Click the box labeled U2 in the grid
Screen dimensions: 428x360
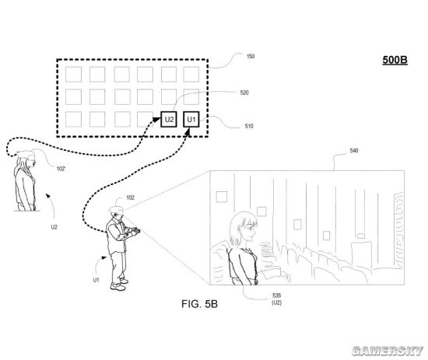tap(169, 119)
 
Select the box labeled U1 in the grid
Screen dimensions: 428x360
tap(191, 119)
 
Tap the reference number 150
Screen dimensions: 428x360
tap(251, 57)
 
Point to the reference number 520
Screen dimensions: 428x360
tap(244, 93)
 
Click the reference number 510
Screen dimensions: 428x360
tap(249, 126)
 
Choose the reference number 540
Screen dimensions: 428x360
tap(354, 151)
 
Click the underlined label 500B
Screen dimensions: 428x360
tap(395, 60)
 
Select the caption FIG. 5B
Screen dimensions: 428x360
tap(199, 304)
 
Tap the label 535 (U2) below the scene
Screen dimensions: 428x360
tap(276, 299)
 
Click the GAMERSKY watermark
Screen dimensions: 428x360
tap(388, 351)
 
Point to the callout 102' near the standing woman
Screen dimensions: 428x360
tap(61, 169)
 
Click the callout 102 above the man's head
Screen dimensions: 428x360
tap(130, 197)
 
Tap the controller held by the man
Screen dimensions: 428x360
tap(135, 230)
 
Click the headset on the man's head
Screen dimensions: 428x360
tap(117, 210)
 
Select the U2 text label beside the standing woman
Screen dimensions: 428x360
tap(54, 227)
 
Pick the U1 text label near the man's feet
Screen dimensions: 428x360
tap(96, 280)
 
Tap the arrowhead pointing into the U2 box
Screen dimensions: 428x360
tap(156, 120)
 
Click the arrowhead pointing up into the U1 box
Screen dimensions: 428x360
tap(188, 132)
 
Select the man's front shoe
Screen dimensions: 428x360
tap(118, 287)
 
